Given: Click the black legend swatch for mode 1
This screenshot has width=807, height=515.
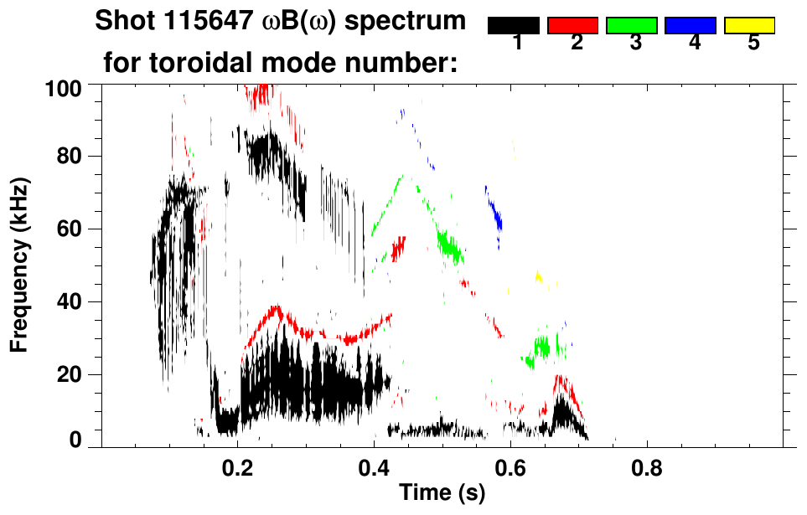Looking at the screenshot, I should (513, 26).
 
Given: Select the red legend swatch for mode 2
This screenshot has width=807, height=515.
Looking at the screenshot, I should (572, 26).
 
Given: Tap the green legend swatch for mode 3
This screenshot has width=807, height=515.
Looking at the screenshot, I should (631, 26).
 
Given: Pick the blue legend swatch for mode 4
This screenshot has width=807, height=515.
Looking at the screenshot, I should (691, 26).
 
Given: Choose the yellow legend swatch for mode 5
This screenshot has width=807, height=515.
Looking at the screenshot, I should (749, 26).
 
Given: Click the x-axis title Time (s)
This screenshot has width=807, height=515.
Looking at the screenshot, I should (442, 493).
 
